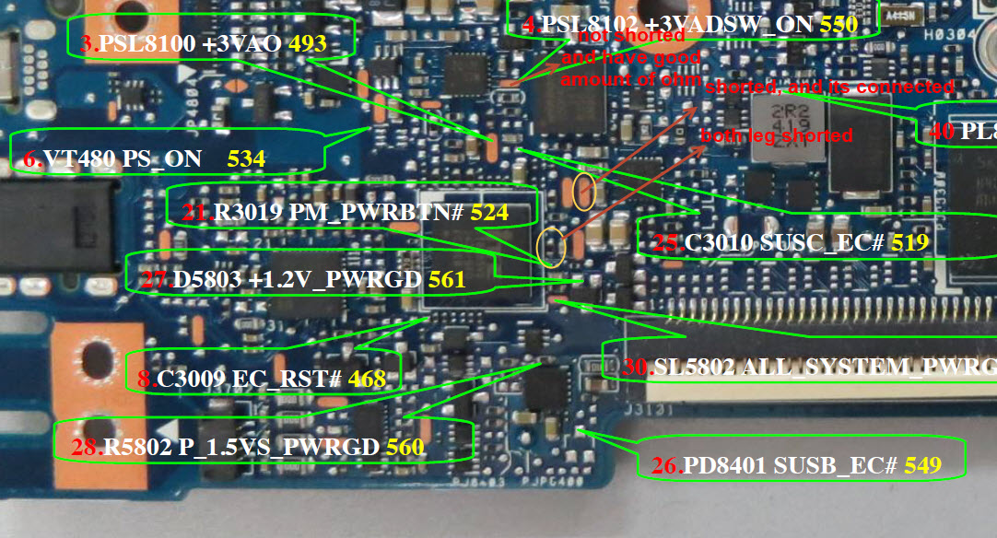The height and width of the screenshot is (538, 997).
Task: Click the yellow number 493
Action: (x=308, y=43)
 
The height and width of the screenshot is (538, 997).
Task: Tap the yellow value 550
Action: (x=839, y=25)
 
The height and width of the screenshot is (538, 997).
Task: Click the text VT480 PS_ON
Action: (x=122, y=158)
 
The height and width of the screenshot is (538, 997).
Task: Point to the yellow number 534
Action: (x=246, y=158)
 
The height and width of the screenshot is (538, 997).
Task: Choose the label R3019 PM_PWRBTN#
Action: (x=337, y=213)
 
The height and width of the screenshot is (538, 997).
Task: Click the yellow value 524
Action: (x=489, y=213)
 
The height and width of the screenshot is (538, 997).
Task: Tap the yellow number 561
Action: (x=447, y=279)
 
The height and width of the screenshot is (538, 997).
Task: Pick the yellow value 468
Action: (x=367, y=379)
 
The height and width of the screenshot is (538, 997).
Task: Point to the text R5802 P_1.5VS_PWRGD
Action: (x=240, y=448)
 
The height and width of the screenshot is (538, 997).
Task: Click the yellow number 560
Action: (x=405, y=448)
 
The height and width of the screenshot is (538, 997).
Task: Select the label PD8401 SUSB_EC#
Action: (x=790, y=465)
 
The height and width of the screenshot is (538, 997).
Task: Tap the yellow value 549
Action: (x=923, y=465)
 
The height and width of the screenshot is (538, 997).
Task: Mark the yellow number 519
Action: (x=908, y=243)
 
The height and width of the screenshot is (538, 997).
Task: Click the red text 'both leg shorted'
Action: (x=777, y=135)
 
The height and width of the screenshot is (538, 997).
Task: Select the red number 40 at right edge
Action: (x=942, y=131)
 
